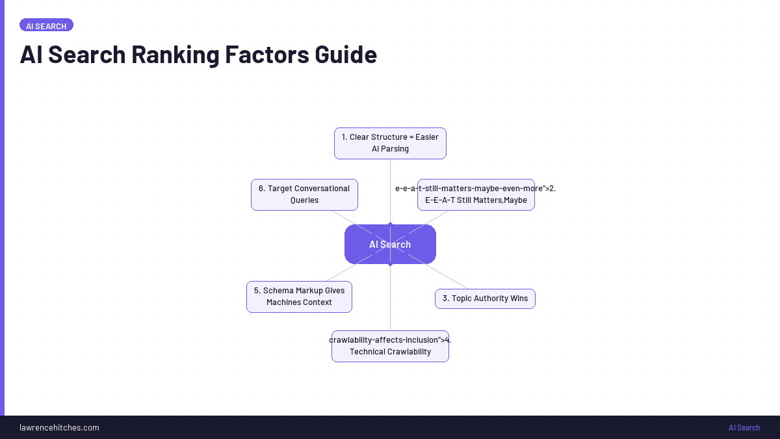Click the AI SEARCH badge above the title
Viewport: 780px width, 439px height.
pyautogui.click(x=46, y=25)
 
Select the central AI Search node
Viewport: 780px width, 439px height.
pyautogui.click(x=390, y=245)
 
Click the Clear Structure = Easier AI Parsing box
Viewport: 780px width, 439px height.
pyautogui.click(x=390, y=143)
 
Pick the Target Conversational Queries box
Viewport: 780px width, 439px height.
pyautogui.click(x=304, y=194)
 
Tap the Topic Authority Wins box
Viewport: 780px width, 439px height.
pyautogui.click(x=485, y=299)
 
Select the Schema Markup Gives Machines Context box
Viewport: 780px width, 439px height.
pyautogui.click(x=299, y=297)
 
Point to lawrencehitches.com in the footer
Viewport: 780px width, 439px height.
pyautogui.click(x=59, y=427)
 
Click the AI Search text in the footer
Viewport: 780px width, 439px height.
pyautogui.click(x=744, y=427)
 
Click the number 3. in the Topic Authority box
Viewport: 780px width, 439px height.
pyautogui.click(x=446, y=299)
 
